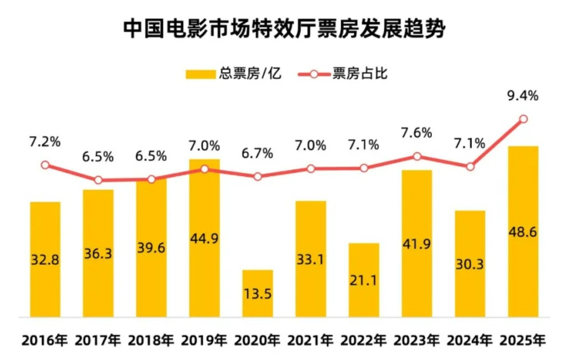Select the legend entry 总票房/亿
point(234,73)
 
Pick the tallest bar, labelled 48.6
point(523,232)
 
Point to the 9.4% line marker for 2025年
point(523,119)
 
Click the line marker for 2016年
point(45,165)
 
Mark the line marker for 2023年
point(417,157)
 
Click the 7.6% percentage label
point(417,134)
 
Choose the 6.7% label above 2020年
point(258,154)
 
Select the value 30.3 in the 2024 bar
point(470,265)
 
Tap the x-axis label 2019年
point(204,340)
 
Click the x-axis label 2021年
point(311,340)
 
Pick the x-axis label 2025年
point(523,340)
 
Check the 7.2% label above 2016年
point(45,142)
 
